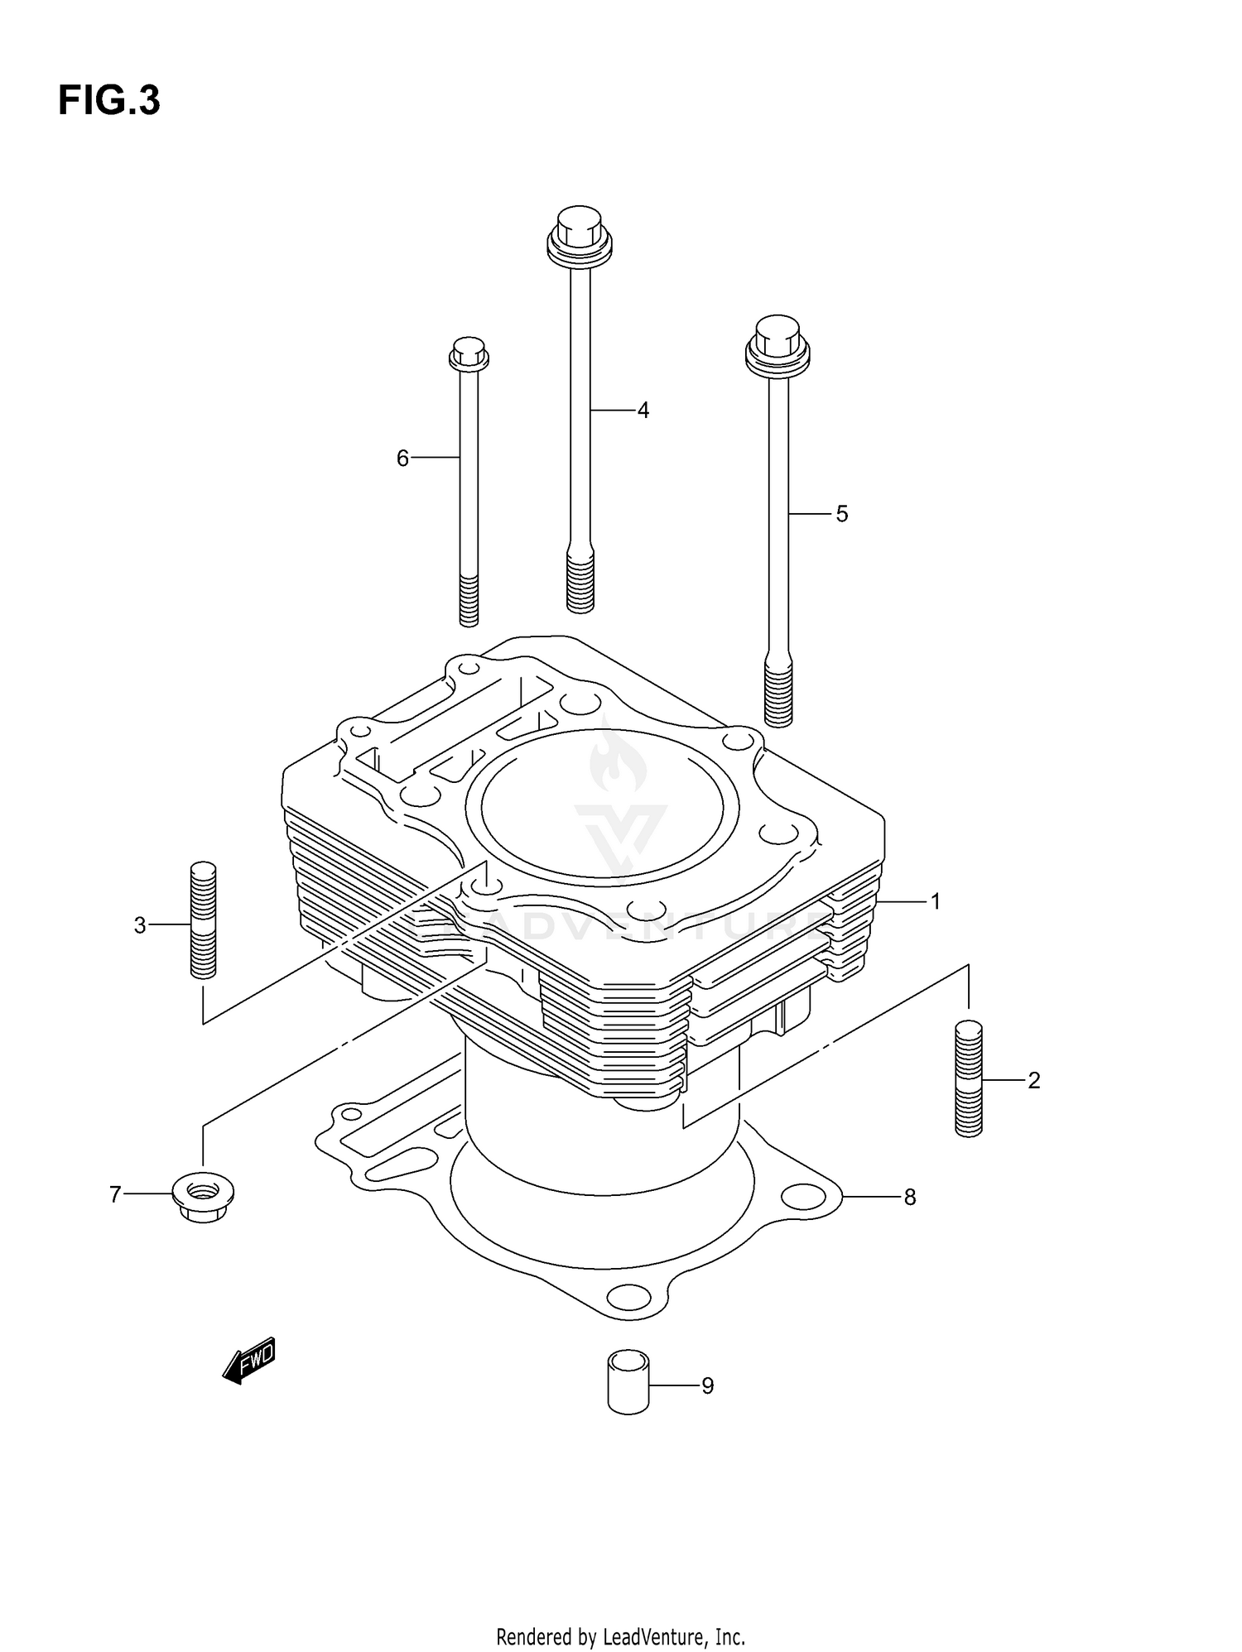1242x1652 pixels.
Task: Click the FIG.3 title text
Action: click(108, 101)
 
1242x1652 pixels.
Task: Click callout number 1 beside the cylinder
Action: click(936, 901)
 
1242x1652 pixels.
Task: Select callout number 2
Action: click(1033, 1080)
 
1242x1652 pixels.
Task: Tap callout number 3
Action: click(140, 925)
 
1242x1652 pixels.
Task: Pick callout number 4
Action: click(643, 410)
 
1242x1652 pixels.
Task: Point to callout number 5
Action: click(841, 514)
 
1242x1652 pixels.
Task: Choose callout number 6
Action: click(402, 458)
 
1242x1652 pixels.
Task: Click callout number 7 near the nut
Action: click(115, 1194)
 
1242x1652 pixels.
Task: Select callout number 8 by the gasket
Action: click(909, 1197)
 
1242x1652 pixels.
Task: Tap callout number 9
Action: click(707, 1385)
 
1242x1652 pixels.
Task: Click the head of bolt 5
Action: click(777, 343)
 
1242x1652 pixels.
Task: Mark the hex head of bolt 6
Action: click(469, 353)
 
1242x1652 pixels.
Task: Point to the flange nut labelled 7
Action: click(203, 1195)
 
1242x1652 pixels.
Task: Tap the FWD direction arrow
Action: click(248, 1360)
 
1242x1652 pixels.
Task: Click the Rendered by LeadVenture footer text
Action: click(620, 1636)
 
